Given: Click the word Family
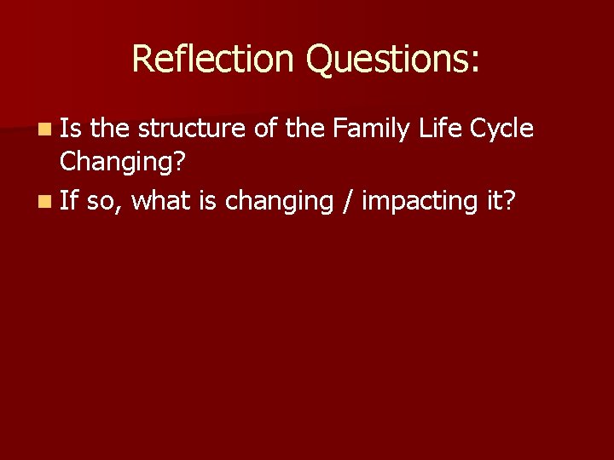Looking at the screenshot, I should click(x=372, y=129).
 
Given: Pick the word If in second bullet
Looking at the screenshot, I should click(x=69, y=201).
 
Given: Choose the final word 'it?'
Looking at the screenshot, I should click(x=501, y=201).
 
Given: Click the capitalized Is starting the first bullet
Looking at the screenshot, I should click(x=71, y=129).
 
